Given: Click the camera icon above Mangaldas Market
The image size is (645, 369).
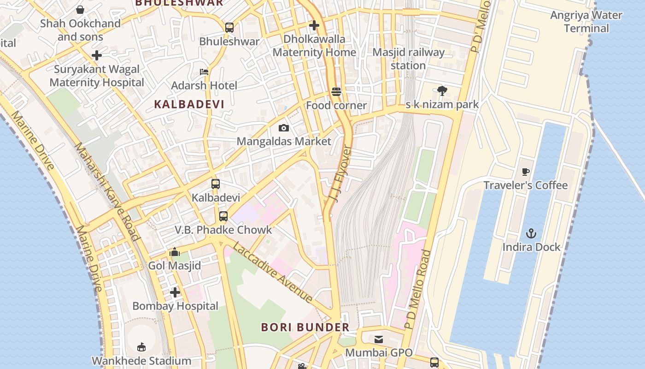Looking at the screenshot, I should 284,128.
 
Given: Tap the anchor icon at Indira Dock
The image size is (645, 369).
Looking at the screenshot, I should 531,233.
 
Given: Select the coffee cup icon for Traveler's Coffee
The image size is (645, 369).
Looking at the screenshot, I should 525,172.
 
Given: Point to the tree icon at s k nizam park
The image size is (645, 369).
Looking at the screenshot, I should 442,91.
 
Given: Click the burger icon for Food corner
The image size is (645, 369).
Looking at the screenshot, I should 336,92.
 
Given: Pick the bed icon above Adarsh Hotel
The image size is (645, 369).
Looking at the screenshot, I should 204,72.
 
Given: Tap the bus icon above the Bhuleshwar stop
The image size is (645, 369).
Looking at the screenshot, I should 229,28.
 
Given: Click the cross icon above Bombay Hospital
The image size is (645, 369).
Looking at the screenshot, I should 175,292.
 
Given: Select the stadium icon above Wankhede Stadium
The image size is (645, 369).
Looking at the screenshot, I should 141,347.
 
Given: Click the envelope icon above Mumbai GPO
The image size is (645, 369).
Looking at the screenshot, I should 379,339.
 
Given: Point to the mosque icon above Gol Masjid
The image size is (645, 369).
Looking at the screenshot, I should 175,252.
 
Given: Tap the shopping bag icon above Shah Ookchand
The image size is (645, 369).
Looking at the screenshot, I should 80,10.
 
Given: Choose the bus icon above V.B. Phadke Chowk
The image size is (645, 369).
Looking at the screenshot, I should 223,216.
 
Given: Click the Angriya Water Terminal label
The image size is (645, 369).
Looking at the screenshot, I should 586,22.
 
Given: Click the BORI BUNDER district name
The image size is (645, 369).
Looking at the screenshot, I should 305,327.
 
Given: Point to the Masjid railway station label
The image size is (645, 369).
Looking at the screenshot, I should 408,59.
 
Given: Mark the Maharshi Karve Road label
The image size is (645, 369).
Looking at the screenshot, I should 106,191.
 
